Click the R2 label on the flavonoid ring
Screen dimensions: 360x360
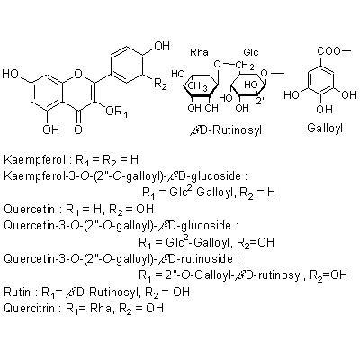point(160,85)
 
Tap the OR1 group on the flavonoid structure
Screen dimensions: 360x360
point(117,112)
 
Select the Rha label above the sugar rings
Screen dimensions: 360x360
point(199,52)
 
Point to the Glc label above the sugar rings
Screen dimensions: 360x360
point(251,52)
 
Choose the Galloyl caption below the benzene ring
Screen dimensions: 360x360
point(325,128)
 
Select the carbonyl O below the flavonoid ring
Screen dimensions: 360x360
point(78,130)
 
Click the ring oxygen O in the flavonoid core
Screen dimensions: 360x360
point(78,74)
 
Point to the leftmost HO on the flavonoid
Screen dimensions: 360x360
point(11,74)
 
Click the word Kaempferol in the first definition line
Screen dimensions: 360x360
point(34,159)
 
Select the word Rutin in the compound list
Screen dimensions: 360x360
point(17,292)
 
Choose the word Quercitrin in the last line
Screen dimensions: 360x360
point(30,308)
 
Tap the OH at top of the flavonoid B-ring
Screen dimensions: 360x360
point(162,46)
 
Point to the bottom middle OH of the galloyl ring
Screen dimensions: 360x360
point(324,110)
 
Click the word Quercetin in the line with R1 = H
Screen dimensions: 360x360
point(30,209)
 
